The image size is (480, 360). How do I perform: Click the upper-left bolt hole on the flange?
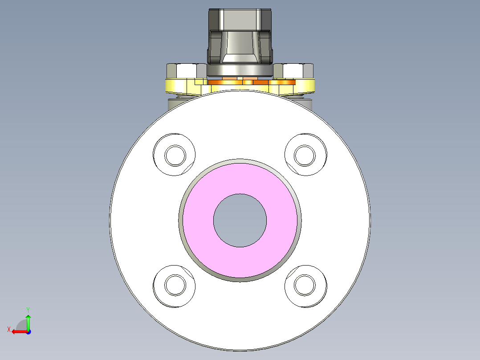point(175,155)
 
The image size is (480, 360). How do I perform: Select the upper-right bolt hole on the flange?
point(305,155)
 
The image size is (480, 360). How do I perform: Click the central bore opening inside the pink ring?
point(240,220)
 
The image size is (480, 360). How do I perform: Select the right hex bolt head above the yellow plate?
point(294,70)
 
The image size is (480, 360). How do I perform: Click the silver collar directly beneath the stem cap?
point(240,70)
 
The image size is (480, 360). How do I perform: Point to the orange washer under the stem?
point(240,82)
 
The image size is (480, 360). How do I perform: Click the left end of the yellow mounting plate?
point(171,86)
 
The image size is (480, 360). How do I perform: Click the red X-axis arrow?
point(18,331)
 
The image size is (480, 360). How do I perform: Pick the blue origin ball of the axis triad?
point(28,331)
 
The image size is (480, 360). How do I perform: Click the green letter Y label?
point(28,309)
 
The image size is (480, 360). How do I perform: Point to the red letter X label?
point(8,329)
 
